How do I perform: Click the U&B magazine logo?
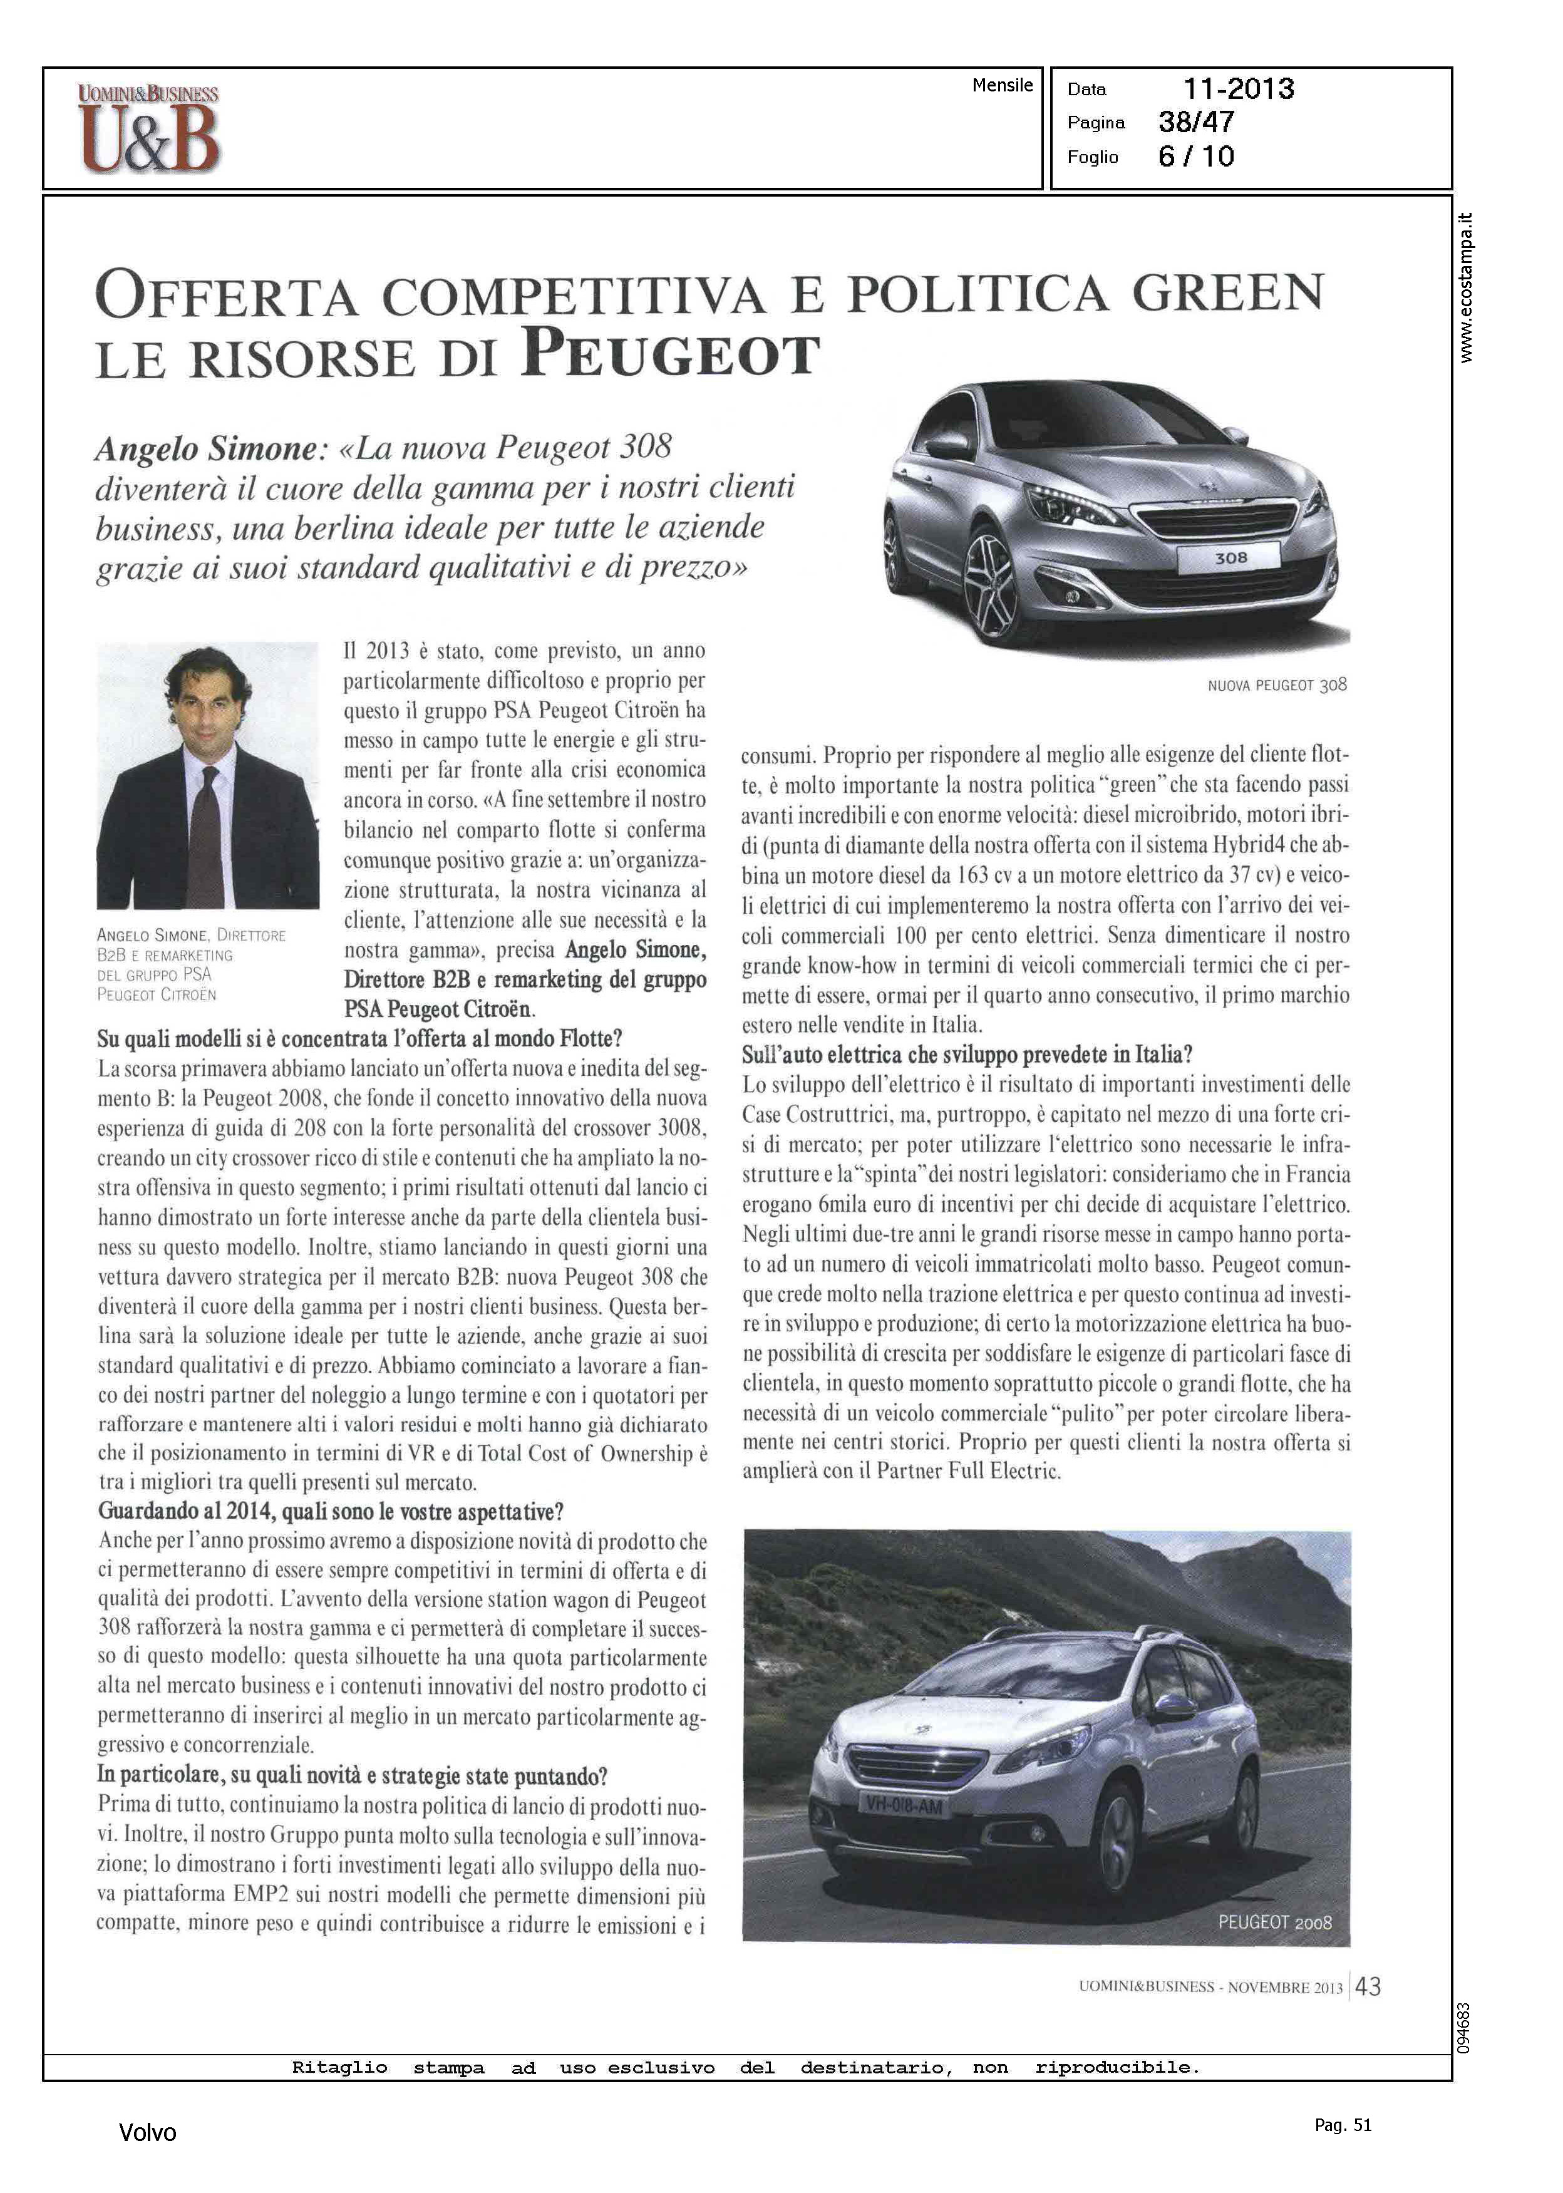[x=149, y=129]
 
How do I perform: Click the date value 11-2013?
[x=1238, y=90]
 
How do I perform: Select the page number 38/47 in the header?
[x=1196, y=122]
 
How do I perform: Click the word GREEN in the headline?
[x=1228, y=292]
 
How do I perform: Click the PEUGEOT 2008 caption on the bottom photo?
[x=1274, y=1922]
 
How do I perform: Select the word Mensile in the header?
[x=1002, y=86]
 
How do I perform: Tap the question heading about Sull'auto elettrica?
[x=967, y=1055]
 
